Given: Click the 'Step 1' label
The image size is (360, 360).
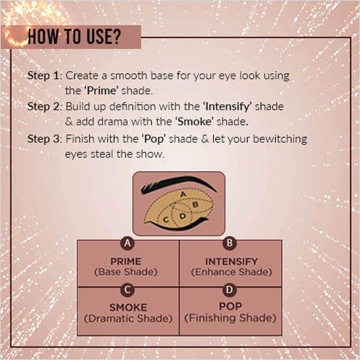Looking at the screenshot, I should click(45, 76).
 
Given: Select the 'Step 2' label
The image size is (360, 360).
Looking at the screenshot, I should click(45, 106).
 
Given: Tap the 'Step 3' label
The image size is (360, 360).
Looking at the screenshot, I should click(45, 139).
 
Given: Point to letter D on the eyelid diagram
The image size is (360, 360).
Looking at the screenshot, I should click(182, 215).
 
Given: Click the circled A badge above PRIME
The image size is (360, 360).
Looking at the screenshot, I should click(127, 244).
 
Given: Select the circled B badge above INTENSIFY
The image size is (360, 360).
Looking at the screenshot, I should click(230, 244).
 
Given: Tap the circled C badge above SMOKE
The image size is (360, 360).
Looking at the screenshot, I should click(127, 290).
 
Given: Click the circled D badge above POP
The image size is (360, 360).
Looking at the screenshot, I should click(230, 290).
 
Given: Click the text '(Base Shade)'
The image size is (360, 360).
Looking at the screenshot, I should click(127, 272).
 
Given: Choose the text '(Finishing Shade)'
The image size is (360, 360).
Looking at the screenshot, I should click(231, 318).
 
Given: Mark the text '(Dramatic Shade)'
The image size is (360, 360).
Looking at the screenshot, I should click(128, 318).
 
